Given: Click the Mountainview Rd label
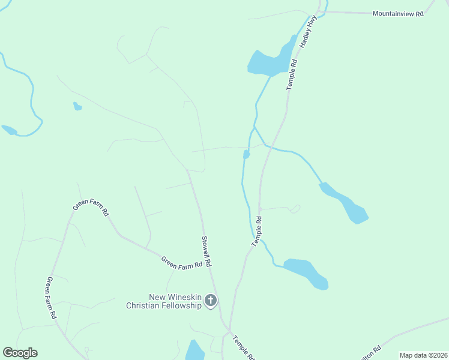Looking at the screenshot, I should tap(397, 13).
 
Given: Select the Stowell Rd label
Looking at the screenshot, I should tap(206, 251).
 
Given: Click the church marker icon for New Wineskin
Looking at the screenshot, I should tap(211, 300).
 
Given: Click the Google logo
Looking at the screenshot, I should tap(20, 353).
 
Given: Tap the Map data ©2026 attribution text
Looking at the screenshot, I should tap(423, 355).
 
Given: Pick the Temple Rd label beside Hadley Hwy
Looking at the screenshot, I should tap(292, 74).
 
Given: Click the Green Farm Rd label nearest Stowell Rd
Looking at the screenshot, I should tap(181, 262).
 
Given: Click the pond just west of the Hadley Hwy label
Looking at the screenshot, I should tap(269, 62).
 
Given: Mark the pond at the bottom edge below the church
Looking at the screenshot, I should tap(194, 350).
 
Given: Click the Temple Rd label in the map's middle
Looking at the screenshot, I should tap(258, 230).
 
